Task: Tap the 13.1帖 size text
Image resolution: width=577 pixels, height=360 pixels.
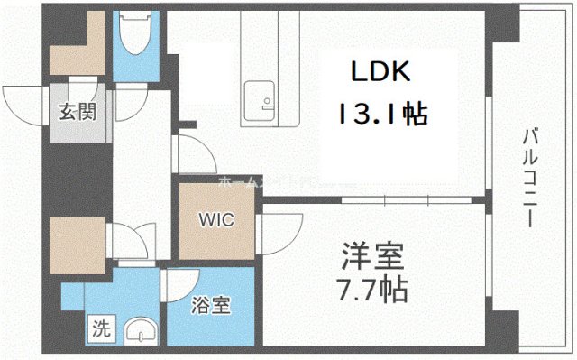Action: pos(382,115)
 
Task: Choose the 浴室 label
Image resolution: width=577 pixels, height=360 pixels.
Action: pos(210,306)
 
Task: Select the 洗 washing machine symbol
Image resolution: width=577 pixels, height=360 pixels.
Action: pos(99,329)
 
